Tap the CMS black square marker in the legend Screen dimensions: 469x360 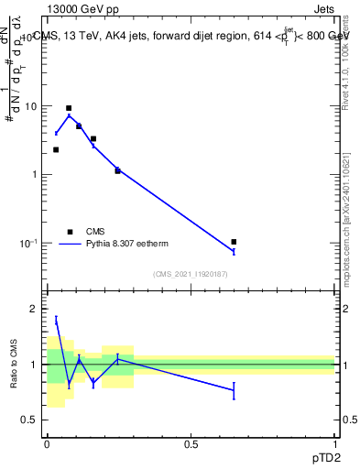pyautogui.click(x=69, y=232)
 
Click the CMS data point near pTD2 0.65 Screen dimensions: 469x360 pyautogui.click(x=235, y=242)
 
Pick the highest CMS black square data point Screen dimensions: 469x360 pyautogui.click(x=69, y=108)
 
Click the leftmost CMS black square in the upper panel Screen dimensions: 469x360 pyautogui.click(x=56, y=149)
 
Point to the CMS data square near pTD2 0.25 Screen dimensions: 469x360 pyautogui.click(x=117, y=170)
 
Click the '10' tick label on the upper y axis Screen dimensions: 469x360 pyautogui.click(x=31, y=106)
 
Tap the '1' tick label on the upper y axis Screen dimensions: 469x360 pyautogui.click(x=35, y=174)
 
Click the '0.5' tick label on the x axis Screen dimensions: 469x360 pyautogui.click(x=191, y=444)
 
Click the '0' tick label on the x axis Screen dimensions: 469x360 pyautogui.click(x=47, y=444)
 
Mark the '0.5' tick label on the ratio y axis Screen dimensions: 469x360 pyautogui.click(x=30, y=420)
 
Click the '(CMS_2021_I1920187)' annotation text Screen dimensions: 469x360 pyautogui.click(x=191, y=274)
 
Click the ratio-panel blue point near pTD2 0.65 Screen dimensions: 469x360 pyautogui.click(x=235, y=390)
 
